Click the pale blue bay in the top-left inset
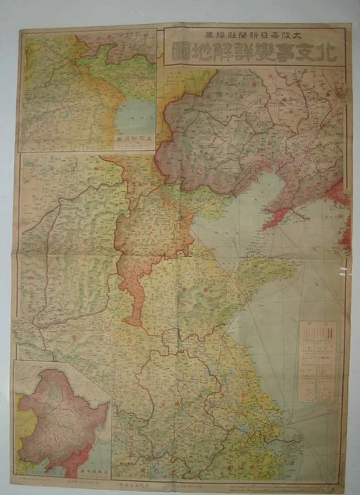click(135, 114)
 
